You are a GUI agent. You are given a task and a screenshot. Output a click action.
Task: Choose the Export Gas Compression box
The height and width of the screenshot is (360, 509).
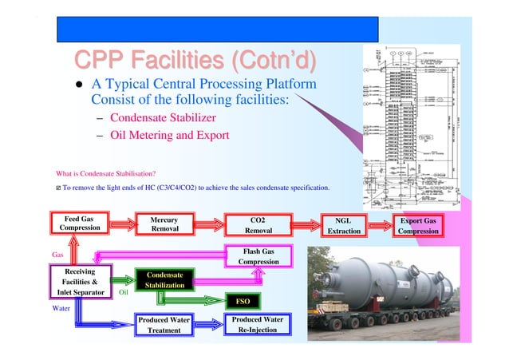pos(418,225)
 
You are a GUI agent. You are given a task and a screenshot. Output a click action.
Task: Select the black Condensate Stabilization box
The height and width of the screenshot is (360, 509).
pos(164,280)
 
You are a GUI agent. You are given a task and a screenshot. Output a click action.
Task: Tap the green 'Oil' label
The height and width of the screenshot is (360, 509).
pos(124,293)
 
